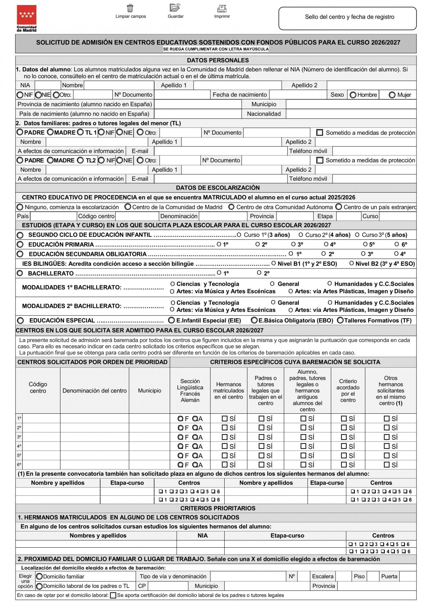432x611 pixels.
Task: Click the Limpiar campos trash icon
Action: click(130, 8)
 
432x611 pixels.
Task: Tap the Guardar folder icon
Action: click(175, 7)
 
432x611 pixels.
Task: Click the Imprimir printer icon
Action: click(222, 8)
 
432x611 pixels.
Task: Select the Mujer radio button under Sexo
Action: click(392, 95)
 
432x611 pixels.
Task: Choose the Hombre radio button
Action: click(353, 95)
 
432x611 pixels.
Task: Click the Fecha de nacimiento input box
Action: click(298, 95)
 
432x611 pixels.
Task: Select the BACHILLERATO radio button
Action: click(20, 274)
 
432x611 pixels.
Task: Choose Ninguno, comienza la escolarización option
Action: click(20, 207)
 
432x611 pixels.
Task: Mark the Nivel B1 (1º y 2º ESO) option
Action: click(274, 264)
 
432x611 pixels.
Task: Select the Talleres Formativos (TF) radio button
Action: click(340, 320)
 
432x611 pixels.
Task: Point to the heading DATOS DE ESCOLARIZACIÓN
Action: click(217, 188)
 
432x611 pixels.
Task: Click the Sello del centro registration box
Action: click(347, 18)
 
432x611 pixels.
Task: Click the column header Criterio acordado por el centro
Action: click(348, 391)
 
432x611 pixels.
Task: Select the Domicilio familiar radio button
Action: click(39, 576)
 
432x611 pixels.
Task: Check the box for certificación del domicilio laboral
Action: click(113, 596)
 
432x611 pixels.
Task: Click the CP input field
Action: click(168, 586)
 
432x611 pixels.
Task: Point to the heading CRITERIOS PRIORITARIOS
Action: click(217, 508)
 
